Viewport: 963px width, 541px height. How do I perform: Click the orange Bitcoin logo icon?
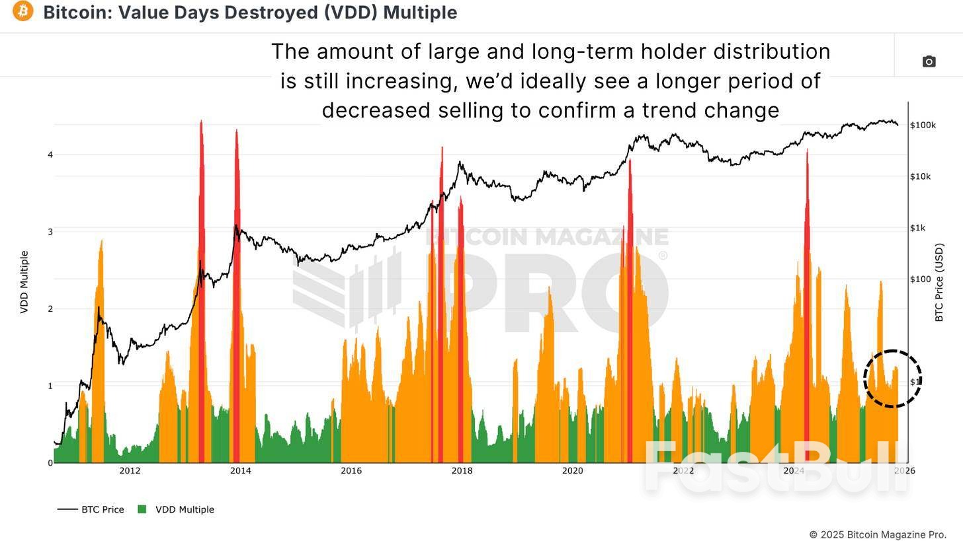22,11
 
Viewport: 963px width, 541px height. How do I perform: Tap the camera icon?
929,61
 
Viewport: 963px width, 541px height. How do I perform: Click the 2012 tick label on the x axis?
130,471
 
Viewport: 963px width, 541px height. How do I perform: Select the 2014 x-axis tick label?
241,471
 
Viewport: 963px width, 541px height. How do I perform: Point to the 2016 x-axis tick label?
351,471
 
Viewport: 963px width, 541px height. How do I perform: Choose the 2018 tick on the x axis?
462,471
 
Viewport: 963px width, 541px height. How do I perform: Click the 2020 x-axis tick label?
572,471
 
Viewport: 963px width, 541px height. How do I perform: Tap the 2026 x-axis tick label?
904,471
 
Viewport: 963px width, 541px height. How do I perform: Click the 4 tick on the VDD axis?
50,155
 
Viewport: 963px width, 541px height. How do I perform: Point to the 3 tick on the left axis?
50,232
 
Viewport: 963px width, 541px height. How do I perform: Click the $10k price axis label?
920,176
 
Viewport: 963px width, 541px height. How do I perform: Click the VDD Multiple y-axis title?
24,282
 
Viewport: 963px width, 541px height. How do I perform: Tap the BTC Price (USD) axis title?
939,283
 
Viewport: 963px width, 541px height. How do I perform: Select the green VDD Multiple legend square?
142,509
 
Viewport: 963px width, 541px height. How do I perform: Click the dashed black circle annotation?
892,379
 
